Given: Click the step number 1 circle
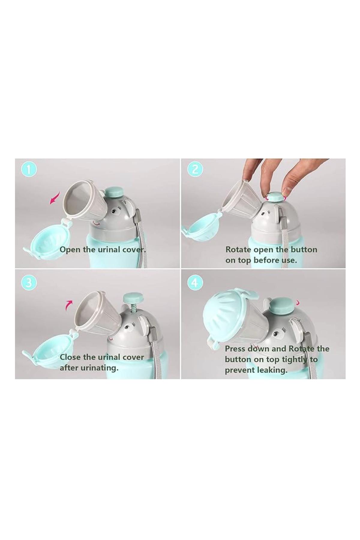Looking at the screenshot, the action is click(29, 170).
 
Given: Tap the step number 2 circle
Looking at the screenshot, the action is click(195, 170).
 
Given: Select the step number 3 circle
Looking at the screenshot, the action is click(29, 283).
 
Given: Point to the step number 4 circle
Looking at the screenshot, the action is click(195, 283).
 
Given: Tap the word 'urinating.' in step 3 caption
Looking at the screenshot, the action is click(97, 368).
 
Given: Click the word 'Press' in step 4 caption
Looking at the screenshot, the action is click(235, 349).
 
